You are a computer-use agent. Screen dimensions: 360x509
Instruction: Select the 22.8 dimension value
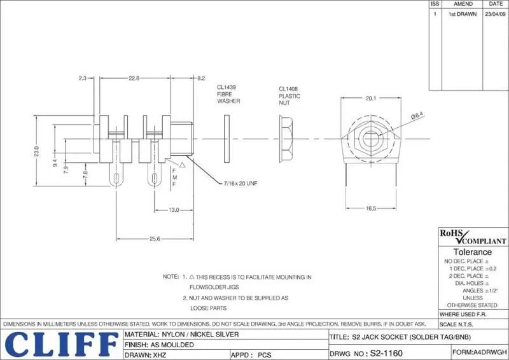[x=134, y=78]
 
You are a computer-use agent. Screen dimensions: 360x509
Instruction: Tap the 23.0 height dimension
[x=37, y=151]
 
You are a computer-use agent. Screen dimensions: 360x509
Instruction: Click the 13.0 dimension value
[x=173, y=210]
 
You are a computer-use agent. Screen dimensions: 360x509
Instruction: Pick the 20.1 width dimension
[x=372, y=99]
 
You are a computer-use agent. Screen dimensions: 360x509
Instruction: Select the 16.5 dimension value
[x=371, y=209]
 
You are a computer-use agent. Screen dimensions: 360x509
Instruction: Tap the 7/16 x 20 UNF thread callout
[x=241, y=183]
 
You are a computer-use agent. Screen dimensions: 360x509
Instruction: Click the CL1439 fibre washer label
[x=228, y=94]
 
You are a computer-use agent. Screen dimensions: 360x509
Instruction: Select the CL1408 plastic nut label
[x=289, y=96]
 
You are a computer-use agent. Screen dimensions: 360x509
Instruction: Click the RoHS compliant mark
[x=473, y=237]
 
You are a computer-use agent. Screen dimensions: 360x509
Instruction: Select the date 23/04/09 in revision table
[x=496, y=13]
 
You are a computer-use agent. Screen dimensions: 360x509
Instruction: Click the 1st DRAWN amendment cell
[x=463, y=13]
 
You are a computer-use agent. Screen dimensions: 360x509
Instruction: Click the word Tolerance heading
[x=472, y=252]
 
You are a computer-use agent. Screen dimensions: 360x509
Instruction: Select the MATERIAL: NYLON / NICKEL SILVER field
[x=182, y=334]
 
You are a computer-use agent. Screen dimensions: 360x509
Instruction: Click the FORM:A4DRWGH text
[x=480, y=351]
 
